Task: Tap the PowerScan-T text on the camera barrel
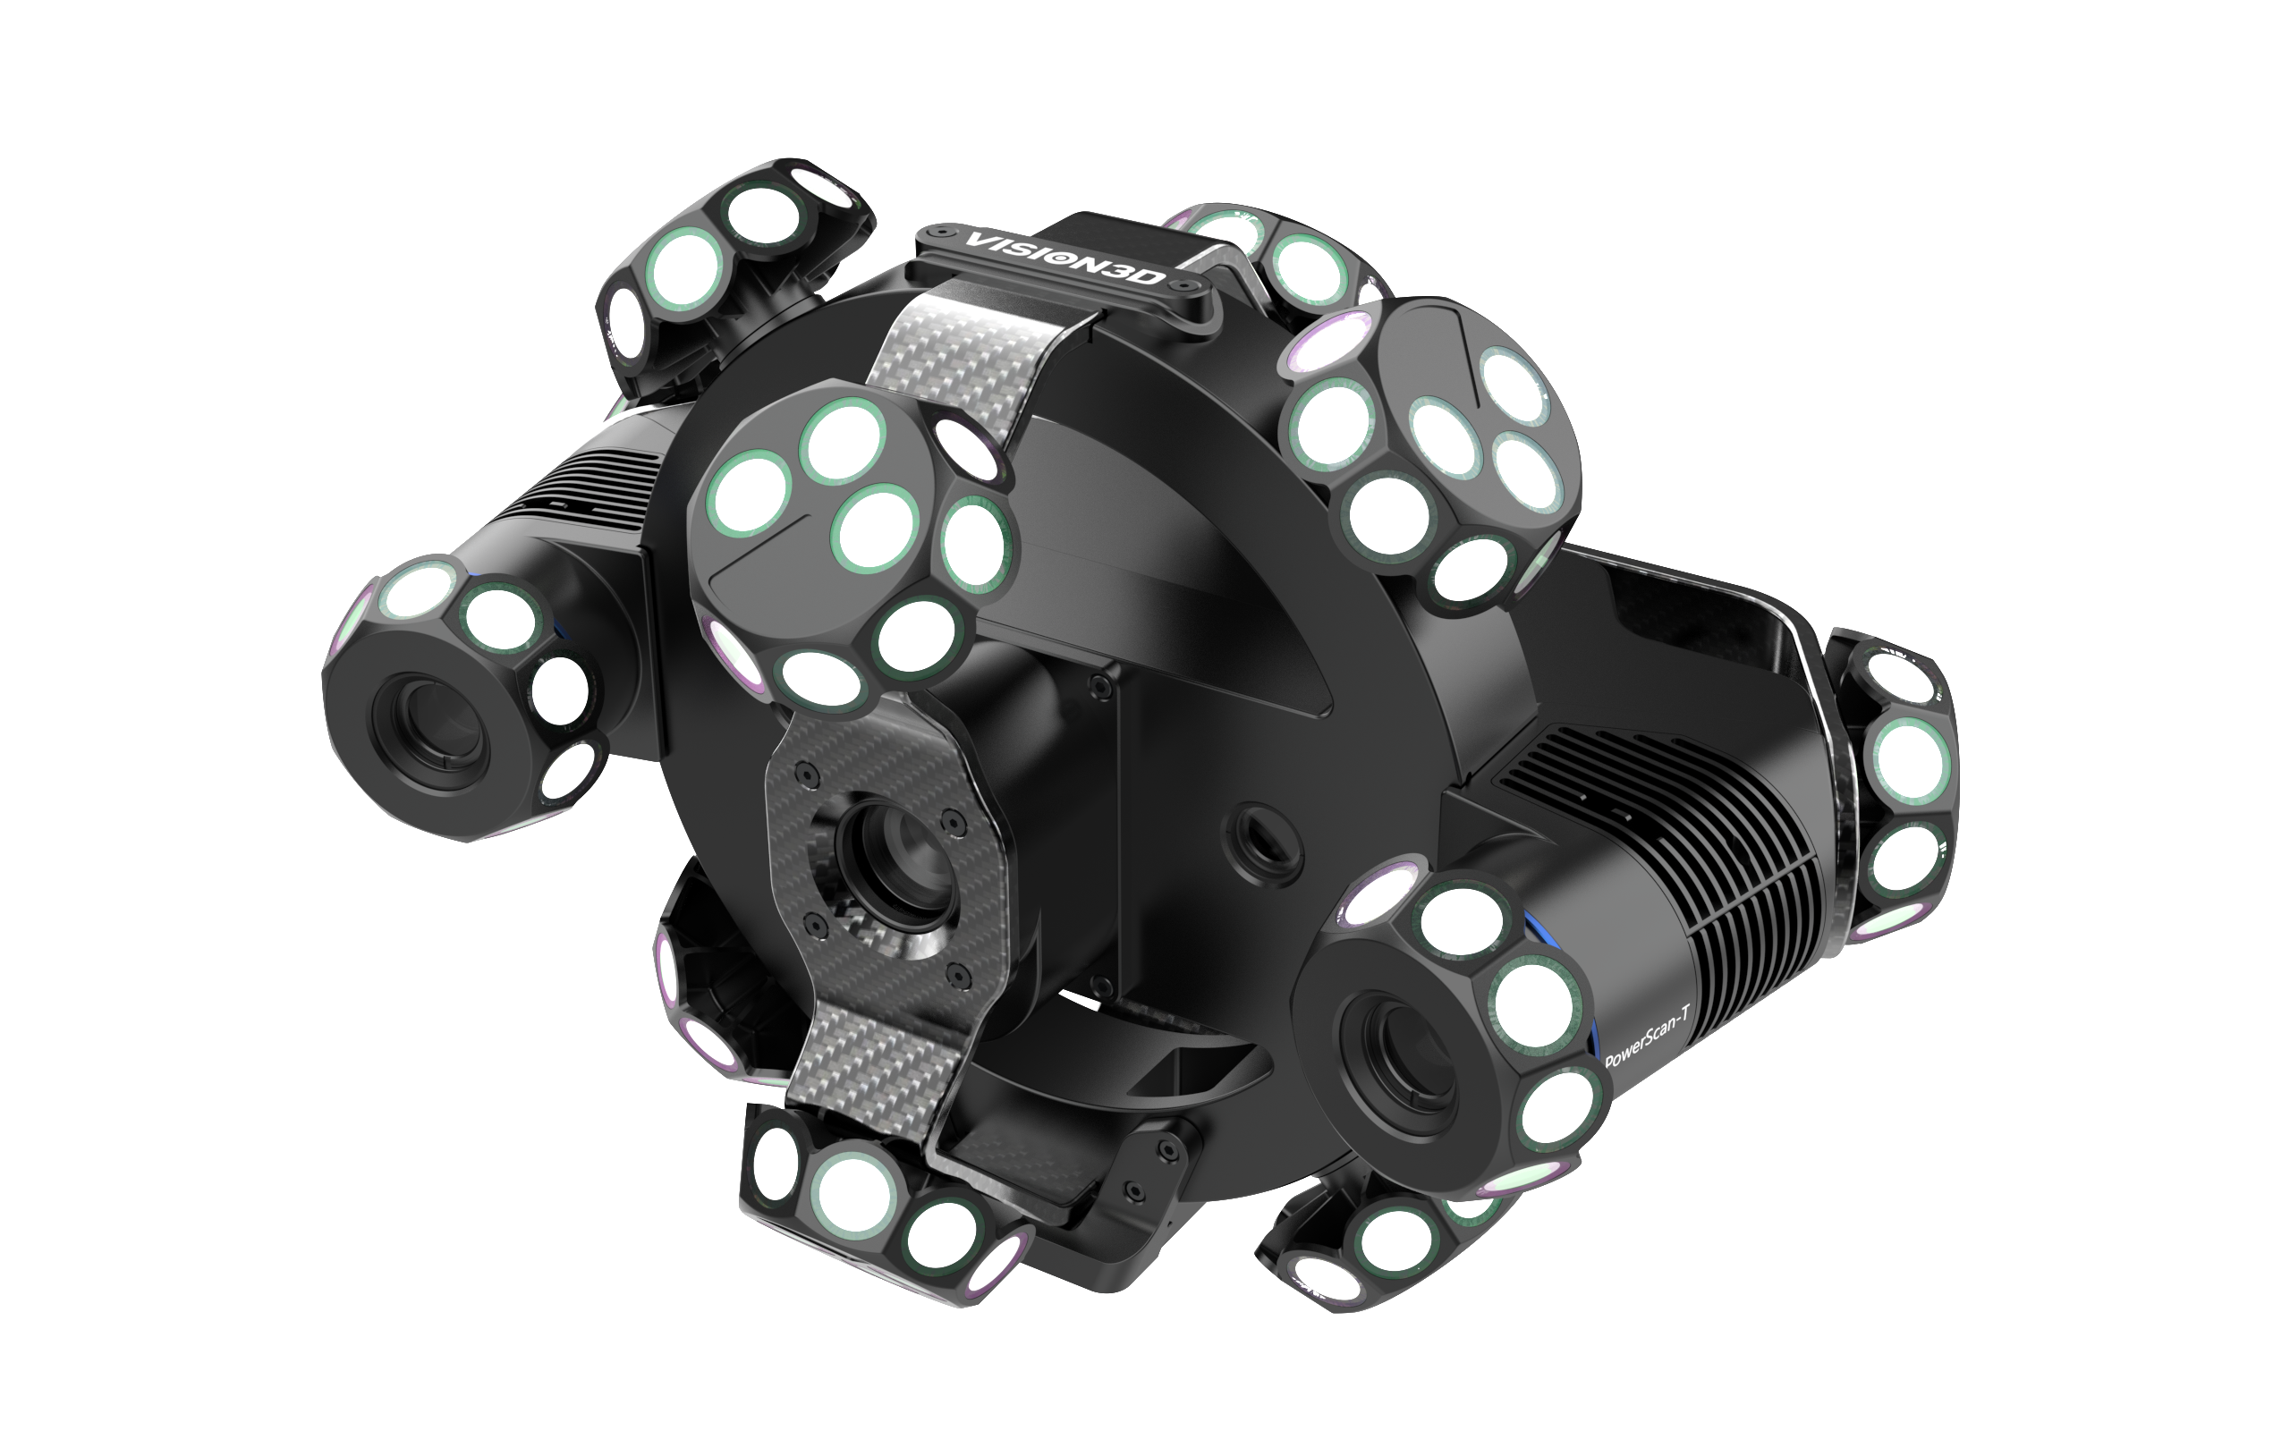1647,1036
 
